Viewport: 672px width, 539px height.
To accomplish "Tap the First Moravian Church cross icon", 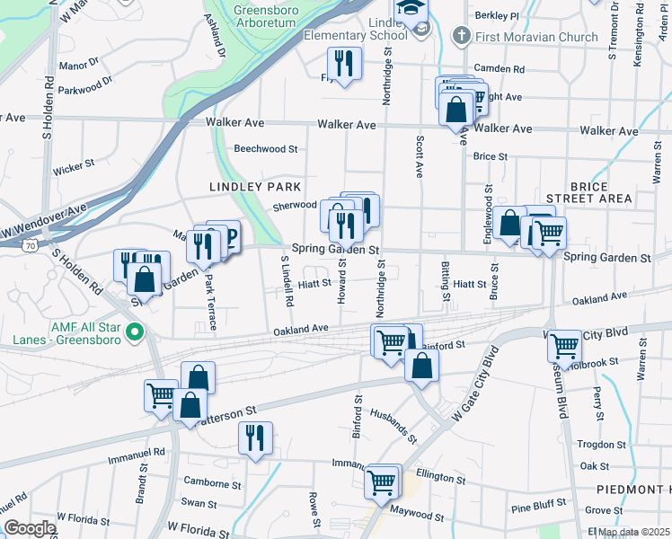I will coord(461,37).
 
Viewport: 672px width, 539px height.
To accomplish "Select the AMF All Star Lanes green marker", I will coord(135,333).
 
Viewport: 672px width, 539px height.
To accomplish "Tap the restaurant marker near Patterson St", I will coord(255,437).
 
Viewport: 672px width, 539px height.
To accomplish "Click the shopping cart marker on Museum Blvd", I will coord(564,345).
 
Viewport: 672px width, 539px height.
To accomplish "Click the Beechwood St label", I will coord(265,149).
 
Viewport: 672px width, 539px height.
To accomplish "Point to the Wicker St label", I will coord(74,166).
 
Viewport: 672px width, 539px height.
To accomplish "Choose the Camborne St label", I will coord(206,482).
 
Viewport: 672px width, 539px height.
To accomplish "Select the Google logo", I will coord(30,529).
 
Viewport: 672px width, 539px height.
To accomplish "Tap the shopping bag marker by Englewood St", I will coord(508,224).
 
